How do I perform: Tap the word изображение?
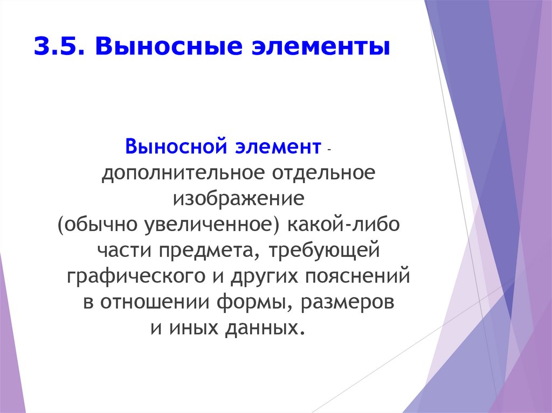238,199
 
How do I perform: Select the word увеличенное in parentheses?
210,225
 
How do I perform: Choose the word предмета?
205,250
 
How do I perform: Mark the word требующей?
322,250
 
